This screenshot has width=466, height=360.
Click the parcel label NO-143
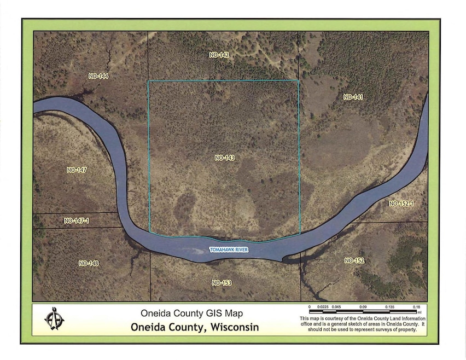225,158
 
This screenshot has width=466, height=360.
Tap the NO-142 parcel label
219,55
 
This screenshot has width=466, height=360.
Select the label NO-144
98,76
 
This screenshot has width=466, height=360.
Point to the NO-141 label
353,97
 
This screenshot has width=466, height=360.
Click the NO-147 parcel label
77,170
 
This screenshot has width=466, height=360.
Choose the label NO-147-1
76,221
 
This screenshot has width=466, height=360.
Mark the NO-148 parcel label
89,263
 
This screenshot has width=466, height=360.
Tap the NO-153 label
222,283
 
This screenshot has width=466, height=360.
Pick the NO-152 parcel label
354,260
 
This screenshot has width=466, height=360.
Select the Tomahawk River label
229,250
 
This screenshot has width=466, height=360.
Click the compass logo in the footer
54,318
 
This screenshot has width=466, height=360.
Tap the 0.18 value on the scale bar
416,307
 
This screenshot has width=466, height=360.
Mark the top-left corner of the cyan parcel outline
148,82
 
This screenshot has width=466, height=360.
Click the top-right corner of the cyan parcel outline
299,81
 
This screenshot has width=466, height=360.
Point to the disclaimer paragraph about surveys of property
363,323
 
